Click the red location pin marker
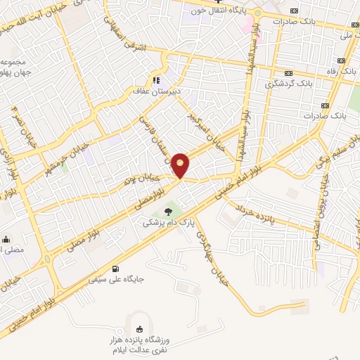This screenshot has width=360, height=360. (181, 165)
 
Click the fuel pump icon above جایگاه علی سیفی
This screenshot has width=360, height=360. (115, 268)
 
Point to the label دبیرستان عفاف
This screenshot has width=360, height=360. (158, 91)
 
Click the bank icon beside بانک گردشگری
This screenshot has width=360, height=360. (289, 72)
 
